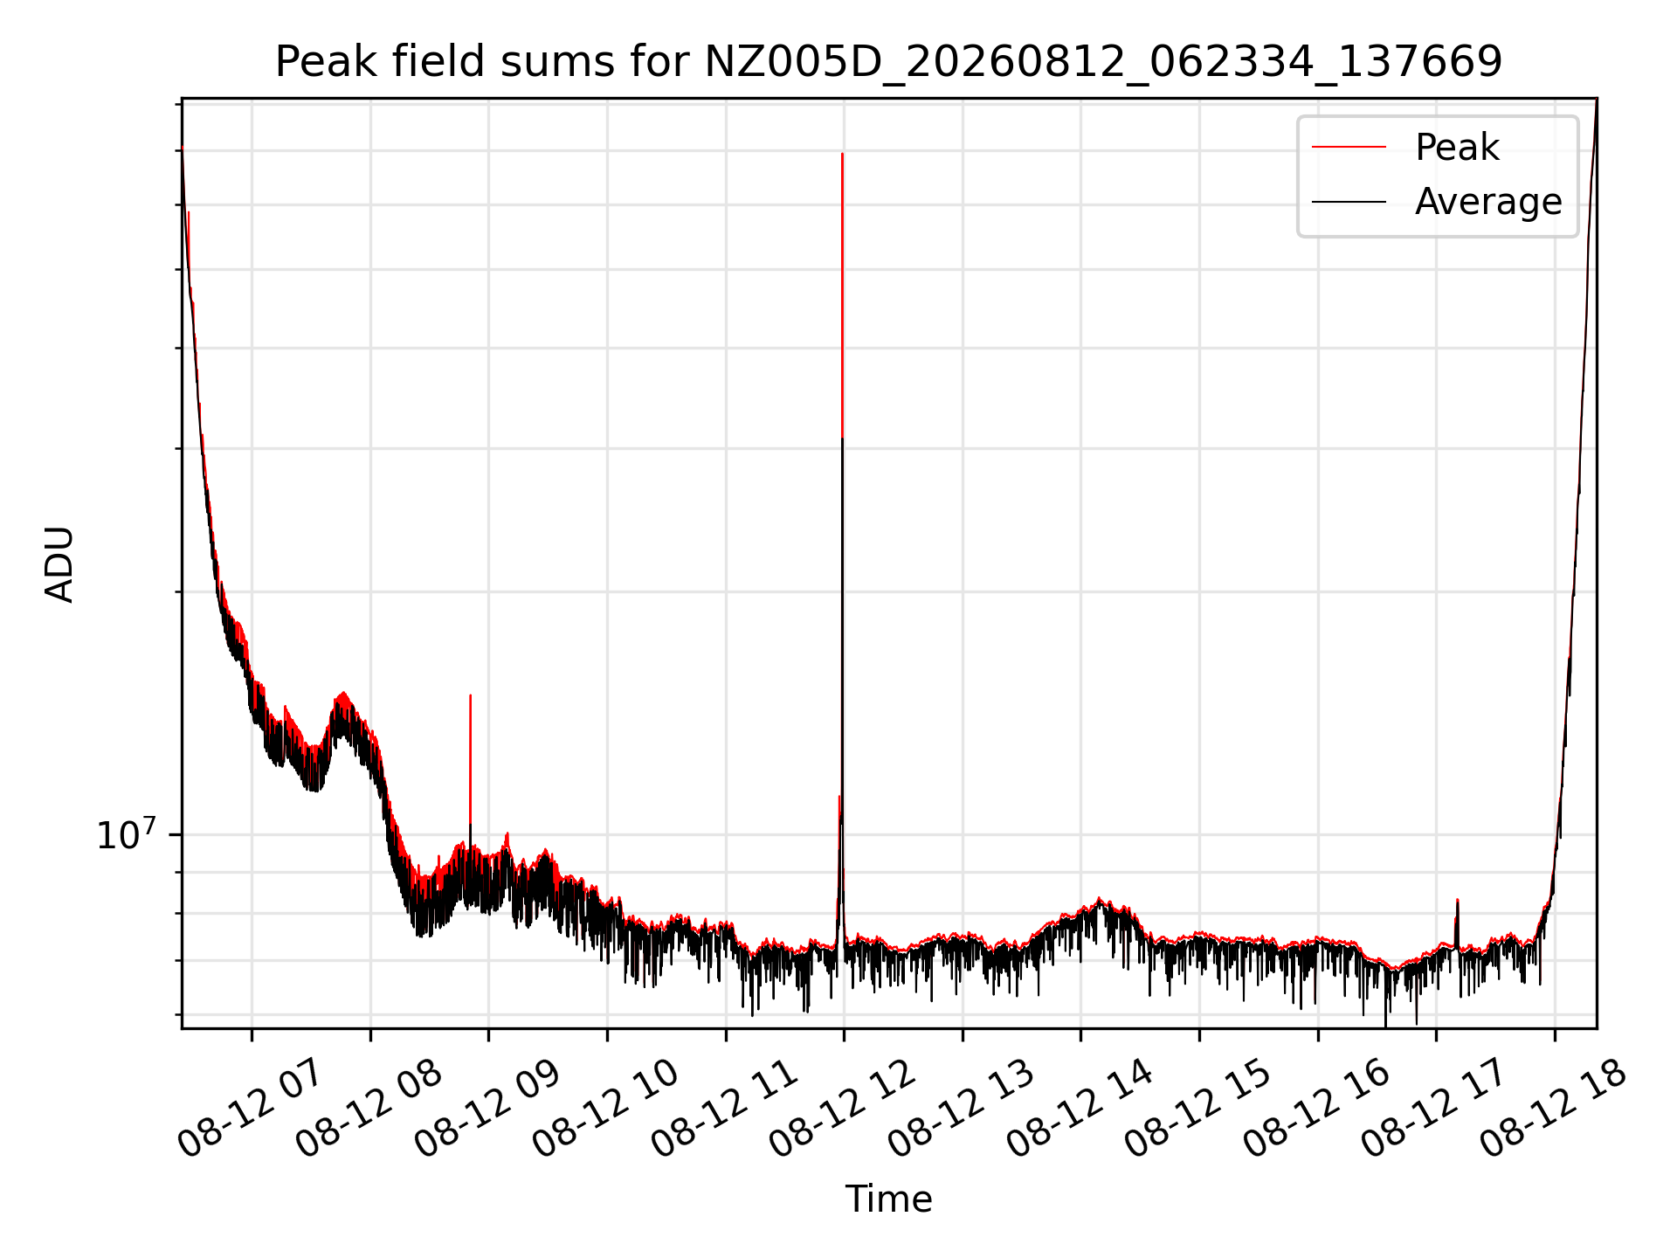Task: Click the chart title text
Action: pyautogui.click(x=888, y=62)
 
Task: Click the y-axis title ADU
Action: pyautogui.click(x=59, y=564)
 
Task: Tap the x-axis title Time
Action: pyautogui.click(x=888, y=1199)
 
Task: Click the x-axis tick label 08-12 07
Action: pyautogui.click(x=251, y=1109)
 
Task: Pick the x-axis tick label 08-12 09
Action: pyautogui.click(x=487, y=1109)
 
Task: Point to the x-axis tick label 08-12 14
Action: pyautogui.click(x=1080, y=1109)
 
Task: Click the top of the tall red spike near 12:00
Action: pyautogui.click(x=842, y=154)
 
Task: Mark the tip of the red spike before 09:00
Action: pyautogui.click(x=470, y=695)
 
